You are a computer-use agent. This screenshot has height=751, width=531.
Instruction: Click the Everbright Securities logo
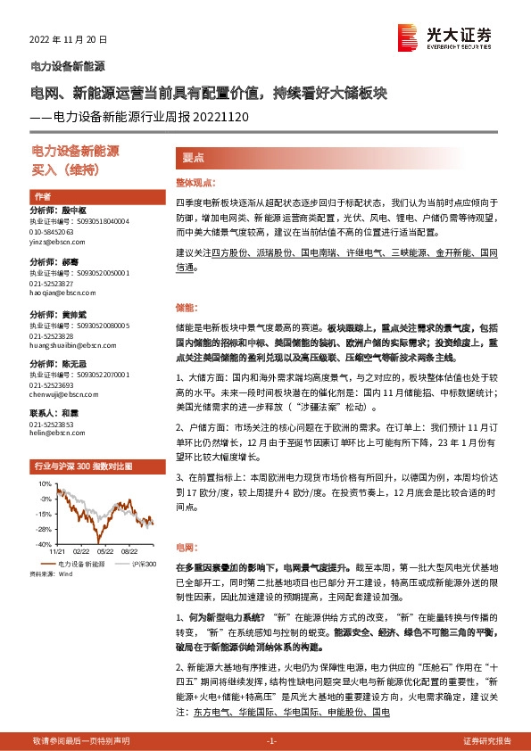[x=444, y=37]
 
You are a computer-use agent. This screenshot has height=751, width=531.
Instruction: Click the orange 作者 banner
[x=43, y=195]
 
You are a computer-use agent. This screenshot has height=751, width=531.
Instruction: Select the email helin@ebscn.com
[x=51, y=434]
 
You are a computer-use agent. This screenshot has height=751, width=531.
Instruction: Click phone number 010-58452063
[x=52, y=231]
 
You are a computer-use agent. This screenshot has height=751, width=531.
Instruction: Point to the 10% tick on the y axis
[x=45, y=483]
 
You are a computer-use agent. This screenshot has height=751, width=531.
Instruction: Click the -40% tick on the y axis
[x=43, y=543]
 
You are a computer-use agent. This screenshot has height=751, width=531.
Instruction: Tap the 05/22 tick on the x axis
[x=104, y=552]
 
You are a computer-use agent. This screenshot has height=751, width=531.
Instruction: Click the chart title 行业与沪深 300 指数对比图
[x=83, y=466]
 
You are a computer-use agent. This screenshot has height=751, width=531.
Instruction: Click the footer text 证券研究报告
[x=487, y=740]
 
